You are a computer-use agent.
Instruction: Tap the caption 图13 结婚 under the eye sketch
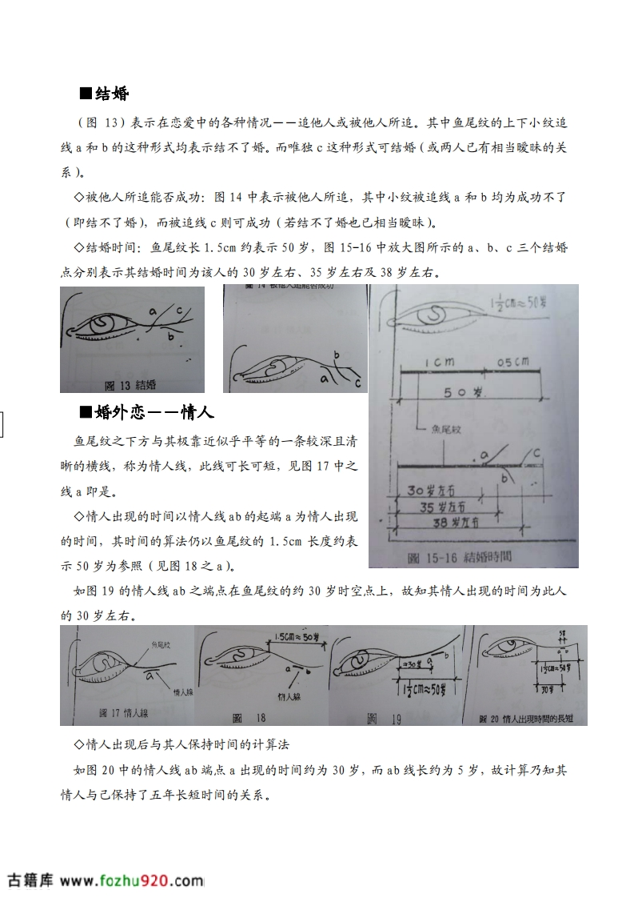(x=131, y=383)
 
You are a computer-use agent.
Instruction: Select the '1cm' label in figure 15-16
(x=440, y=362)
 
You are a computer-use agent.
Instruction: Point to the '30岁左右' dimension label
(x=431, y=490)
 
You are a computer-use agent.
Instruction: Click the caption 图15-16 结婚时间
(x=459, y=555)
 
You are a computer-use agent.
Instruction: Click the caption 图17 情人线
(x=123, y=712)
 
